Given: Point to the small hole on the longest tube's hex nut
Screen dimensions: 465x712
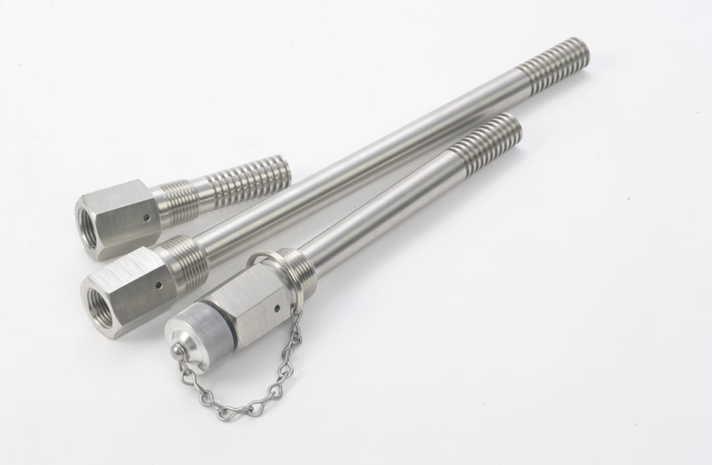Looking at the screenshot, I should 158,285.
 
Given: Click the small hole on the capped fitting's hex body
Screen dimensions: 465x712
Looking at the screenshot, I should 277,307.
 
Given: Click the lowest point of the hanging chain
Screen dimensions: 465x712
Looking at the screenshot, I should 228,414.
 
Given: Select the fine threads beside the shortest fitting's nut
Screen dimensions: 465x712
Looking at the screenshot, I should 178,201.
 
